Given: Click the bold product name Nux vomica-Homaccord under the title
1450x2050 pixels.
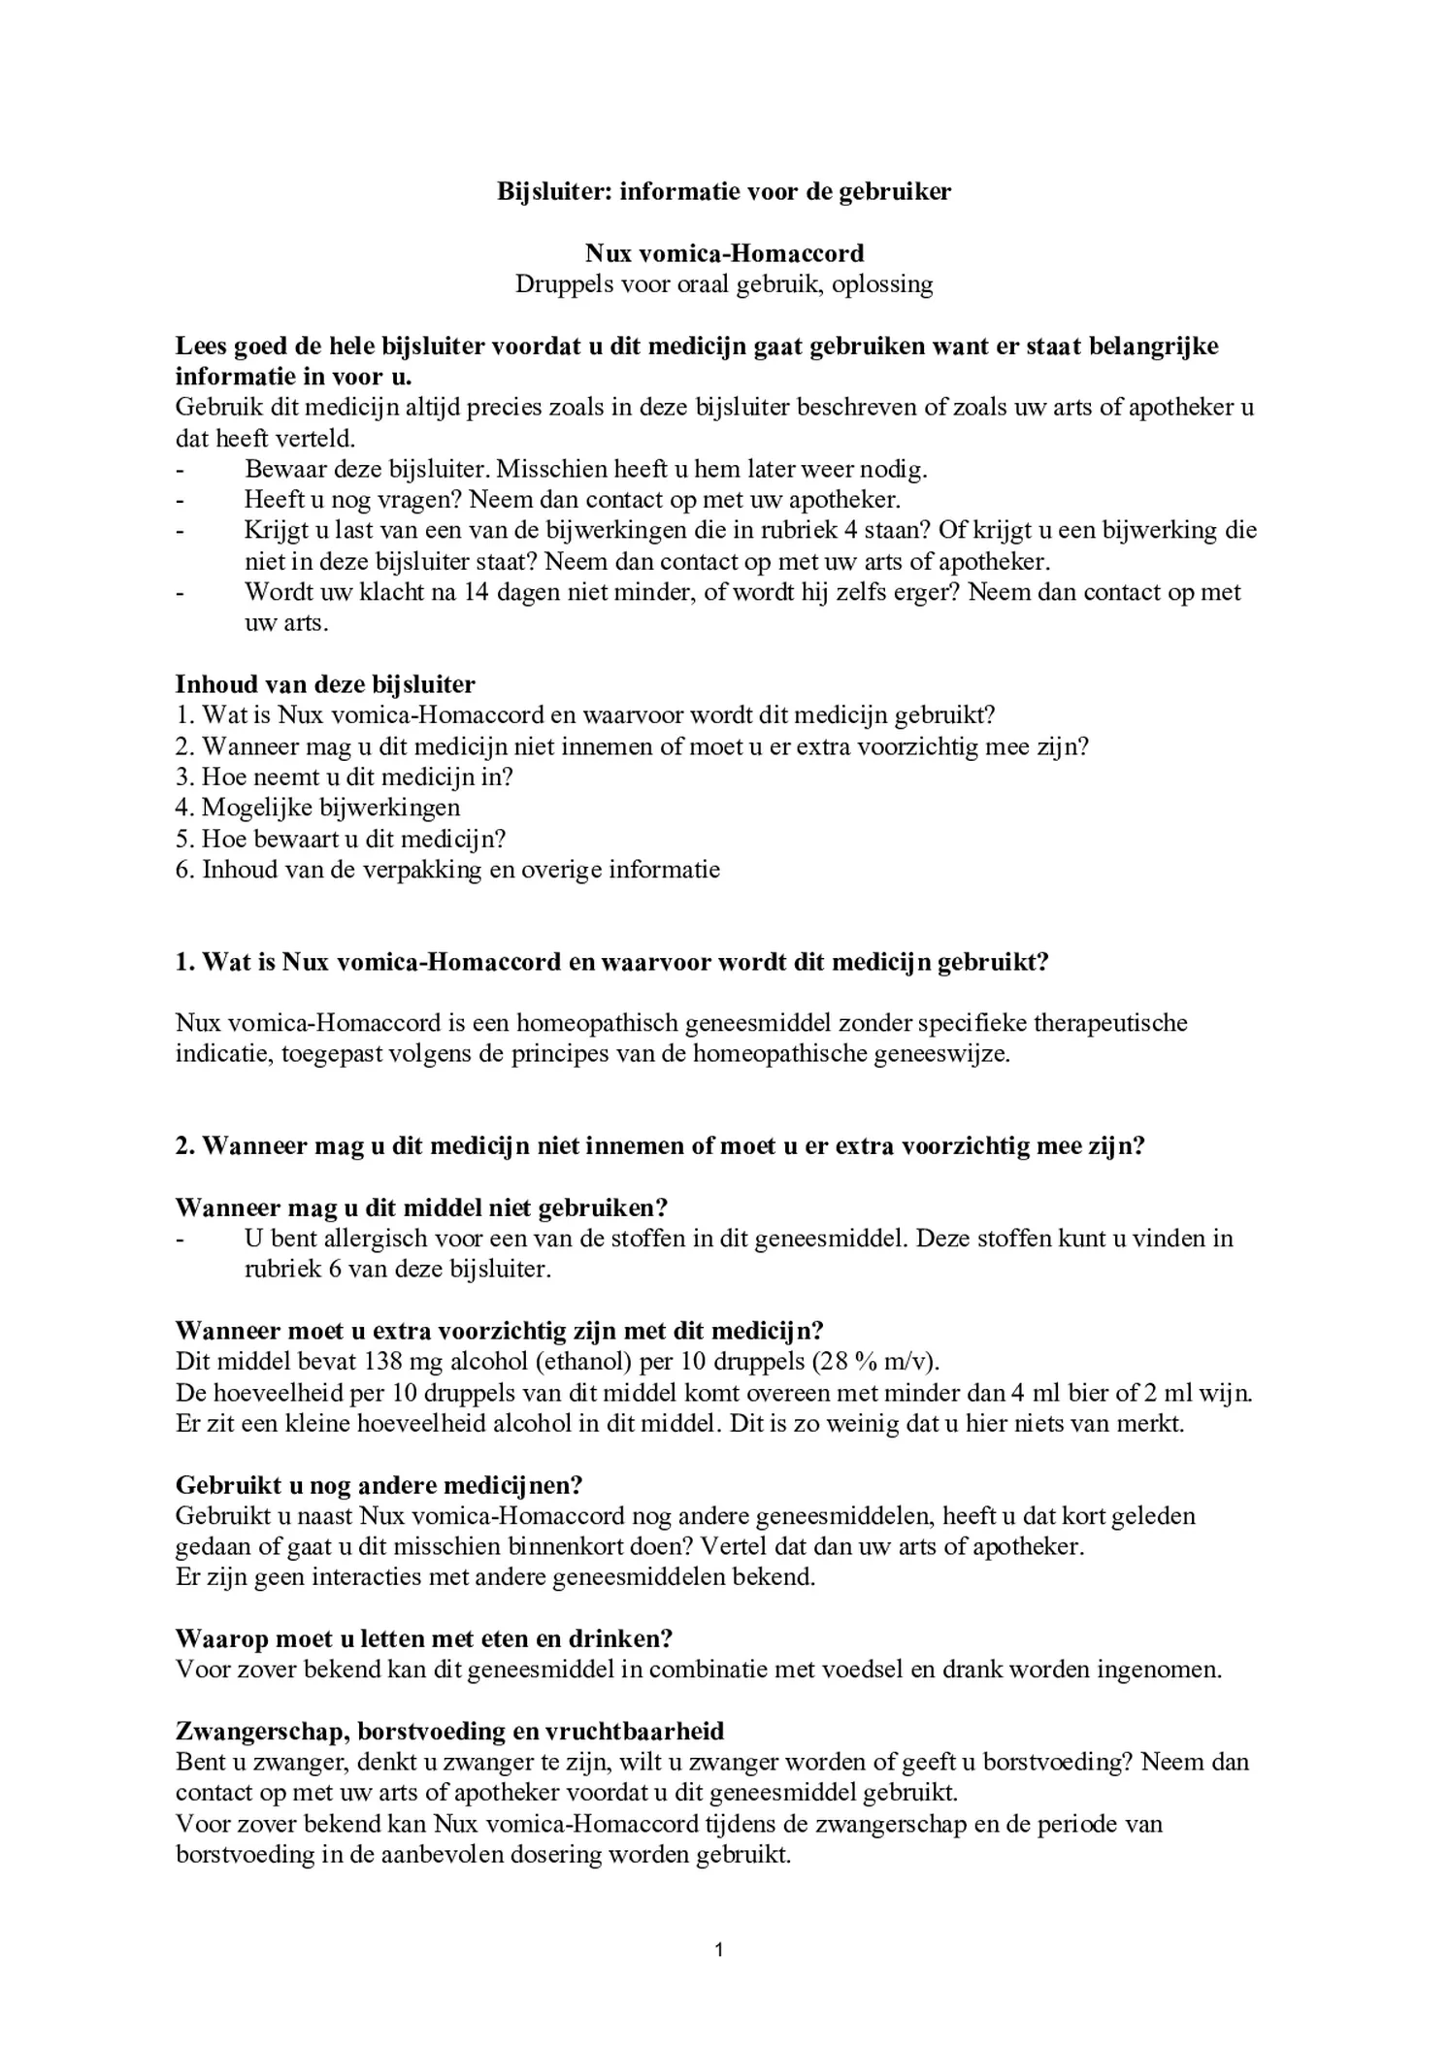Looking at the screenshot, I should (724, 253).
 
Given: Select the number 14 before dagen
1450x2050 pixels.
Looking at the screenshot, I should (476, 592).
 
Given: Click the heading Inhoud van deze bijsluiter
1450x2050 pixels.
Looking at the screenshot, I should (325, 684).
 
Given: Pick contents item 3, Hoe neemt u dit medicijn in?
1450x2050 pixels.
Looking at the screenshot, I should (344, 777).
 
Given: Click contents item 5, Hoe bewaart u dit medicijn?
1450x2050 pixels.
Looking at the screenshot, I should (341, 838).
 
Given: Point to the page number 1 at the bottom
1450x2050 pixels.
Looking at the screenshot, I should (718, 1948).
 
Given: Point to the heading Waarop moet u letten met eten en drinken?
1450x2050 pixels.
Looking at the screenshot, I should (424, 1638).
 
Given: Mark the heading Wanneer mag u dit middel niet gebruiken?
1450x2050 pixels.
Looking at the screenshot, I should (421, 1208).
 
